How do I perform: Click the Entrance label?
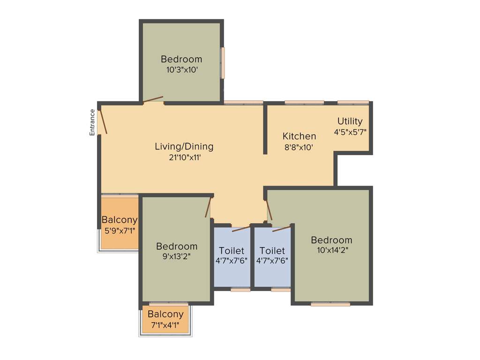point(92,122)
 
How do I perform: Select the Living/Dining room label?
point(184,146)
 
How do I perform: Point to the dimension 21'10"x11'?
point(184,157)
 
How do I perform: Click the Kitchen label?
point(299,136)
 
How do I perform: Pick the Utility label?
point(350,121)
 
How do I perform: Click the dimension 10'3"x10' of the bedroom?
point(181,70)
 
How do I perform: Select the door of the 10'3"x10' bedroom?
point(153,99)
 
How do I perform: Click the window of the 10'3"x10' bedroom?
point(223,62)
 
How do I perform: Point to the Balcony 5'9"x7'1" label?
point(120,219)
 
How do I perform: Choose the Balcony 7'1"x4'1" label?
point(165,314)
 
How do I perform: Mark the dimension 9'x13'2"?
point(177,257)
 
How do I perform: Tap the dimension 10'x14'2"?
point(331,250)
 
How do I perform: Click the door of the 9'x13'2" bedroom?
point(208,207)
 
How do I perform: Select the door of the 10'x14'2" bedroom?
point(269,210)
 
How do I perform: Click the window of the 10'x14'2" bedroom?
point(330,304)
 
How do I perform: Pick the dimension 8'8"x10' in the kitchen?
point(299,147)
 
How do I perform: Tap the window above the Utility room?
point(353,102)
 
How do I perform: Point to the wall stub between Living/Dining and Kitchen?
point(265,129)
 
